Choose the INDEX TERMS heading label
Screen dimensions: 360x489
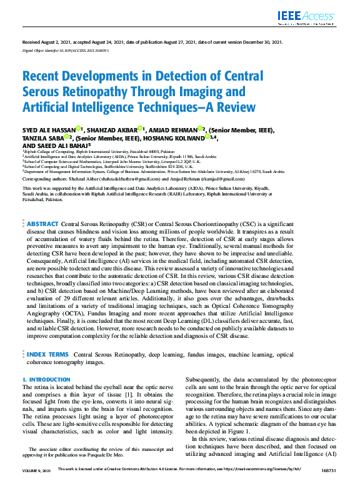pyautogui.click(x=47, y=355)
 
